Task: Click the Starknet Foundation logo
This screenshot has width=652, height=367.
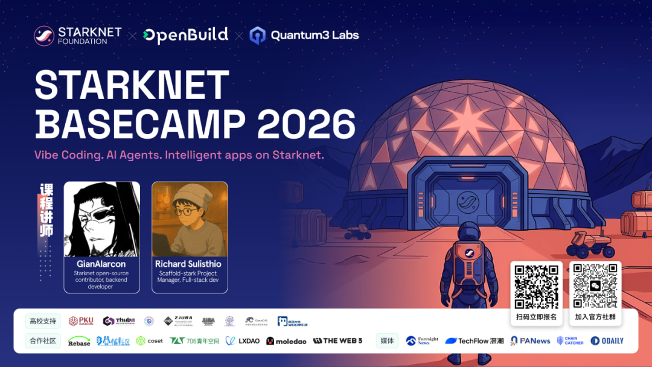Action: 77,36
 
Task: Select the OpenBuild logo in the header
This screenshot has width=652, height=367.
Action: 185,35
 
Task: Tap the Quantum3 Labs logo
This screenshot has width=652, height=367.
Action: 304,36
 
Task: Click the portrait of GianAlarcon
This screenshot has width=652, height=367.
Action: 101,219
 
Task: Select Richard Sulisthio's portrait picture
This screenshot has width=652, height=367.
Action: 190,219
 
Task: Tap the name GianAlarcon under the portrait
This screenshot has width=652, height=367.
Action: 101,264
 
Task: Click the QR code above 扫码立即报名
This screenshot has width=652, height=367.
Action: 536,287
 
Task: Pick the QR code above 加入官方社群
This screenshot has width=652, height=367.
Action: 595,287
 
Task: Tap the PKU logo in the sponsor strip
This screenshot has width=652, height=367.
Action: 81,321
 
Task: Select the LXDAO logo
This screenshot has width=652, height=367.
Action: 243,341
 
